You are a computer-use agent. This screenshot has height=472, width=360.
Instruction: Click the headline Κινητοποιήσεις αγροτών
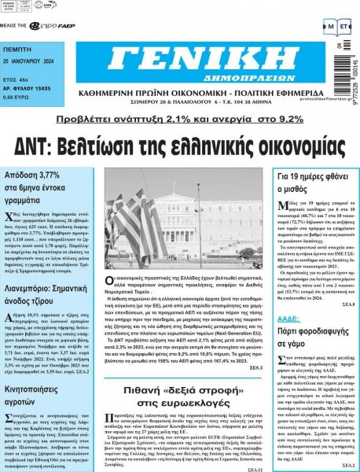36,373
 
